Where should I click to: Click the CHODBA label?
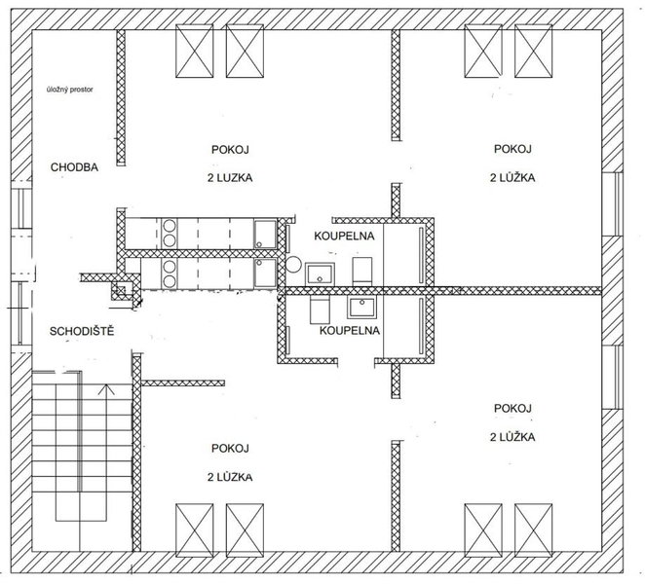click(x=74, y=167)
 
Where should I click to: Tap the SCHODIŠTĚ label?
click(x=82, y=331)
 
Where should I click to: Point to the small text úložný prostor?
click(x=70, y=90)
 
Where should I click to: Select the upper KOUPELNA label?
click(x=344, y=236)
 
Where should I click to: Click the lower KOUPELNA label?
click(x=350, y=330)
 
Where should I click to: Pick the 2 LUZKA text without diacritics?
click(x=230, y=178)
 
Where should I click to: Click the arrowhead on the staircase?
click(x=106, y=388)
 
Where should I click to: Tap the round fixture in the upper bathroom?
click(x=293, y=264)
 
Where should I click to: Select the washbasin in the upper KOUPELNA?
click(x=320, y=274)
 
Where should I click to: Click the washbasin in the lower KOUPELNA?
click(x=361, y=308)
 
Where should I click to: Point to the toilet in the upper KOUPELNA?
click(x=362, y=271)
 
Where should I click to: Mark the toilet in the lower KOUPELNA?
click(x=320, y=310)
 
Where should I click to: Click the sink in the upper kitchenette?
click(x=265, y=235)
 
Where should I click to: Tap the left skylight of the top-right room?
click(x=483, y=51)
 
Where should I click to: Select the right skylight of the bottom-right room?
click(x=534, y=530)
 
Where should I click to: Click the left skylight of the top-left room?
click(x=195, y=51)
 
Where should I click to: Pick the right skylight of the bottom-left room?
click(x=245, y=530)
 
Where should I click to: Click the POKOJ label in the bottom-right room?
click(x=512, y=409)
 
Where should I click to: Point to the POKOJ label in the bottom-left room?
click(x=230, y=449)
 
